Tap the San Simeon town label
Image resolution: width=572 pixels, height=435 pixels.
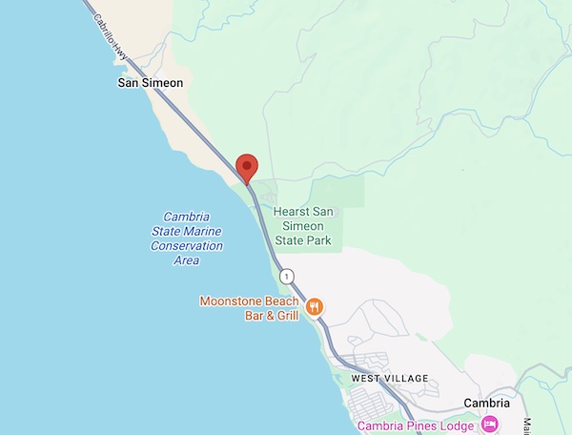(x=149, y=83)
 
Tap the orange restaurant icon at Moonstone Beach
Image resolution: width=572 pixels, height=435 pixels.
(x=317, y=306)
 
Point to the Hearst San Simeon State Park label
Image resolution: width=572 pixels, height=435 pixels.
(x=302, y=226)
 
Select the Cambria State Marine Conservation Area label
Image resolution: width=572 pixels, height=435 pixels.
(x=187, y=238)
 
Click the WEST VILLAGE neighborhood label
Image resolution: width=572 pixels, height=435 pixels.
(x=390, y=378)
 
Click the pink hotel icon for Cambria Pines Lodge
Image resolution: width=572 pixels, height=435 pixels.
(x=489, y=423)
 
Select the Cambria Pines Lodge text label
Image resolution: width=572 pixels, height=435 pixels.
(x=416, y=424)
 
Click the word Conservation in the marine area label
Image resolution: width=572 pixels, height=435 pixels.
(x=187, y=246)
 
